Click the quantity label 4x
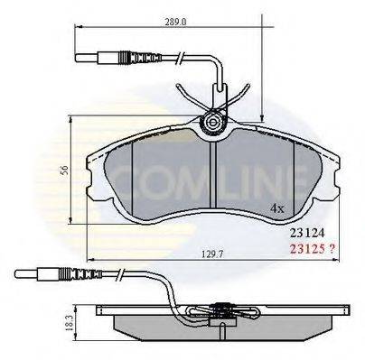tap(277, 208)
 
